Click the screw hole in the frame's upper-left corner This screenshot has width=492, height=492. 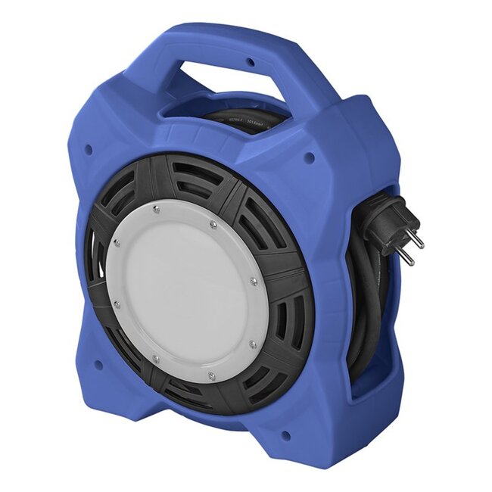coord(89,150)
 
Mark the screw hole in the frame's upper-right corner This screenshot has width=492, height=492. coord(309,158)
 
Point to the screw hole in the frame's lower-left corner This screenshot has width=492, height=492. coord(98,364)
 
